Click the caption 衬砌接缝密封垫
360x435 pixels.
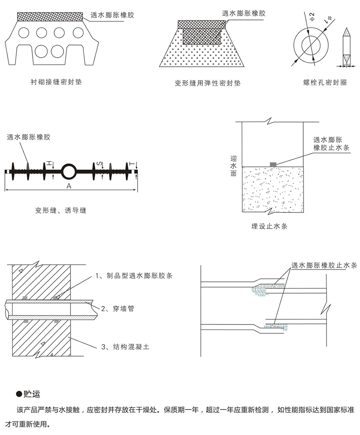[x=56, y=82]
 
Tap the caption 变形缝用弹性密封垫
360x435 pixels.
[x=207, y=83]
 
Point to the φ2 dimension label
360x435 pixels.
[x=311, y=17]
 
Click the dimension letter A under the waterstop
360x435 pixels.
[x=69, y=186]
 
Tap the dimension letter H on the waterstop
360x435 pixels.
[x=49, y=163]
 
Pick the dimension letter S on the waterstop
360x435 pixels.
[x=99, y=163]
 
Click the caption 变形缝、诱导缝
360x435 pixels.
[x=61, y=210]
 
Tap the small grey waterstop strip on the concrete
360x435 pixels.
[x=273, y=164]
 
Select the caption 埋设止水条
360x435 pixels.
[x=269, y=226]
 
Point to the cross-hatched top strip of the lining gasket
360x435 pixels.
[x=50, y=17]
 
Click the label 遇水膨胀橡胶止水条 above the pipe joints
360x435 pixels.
[x=324, y=265]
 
